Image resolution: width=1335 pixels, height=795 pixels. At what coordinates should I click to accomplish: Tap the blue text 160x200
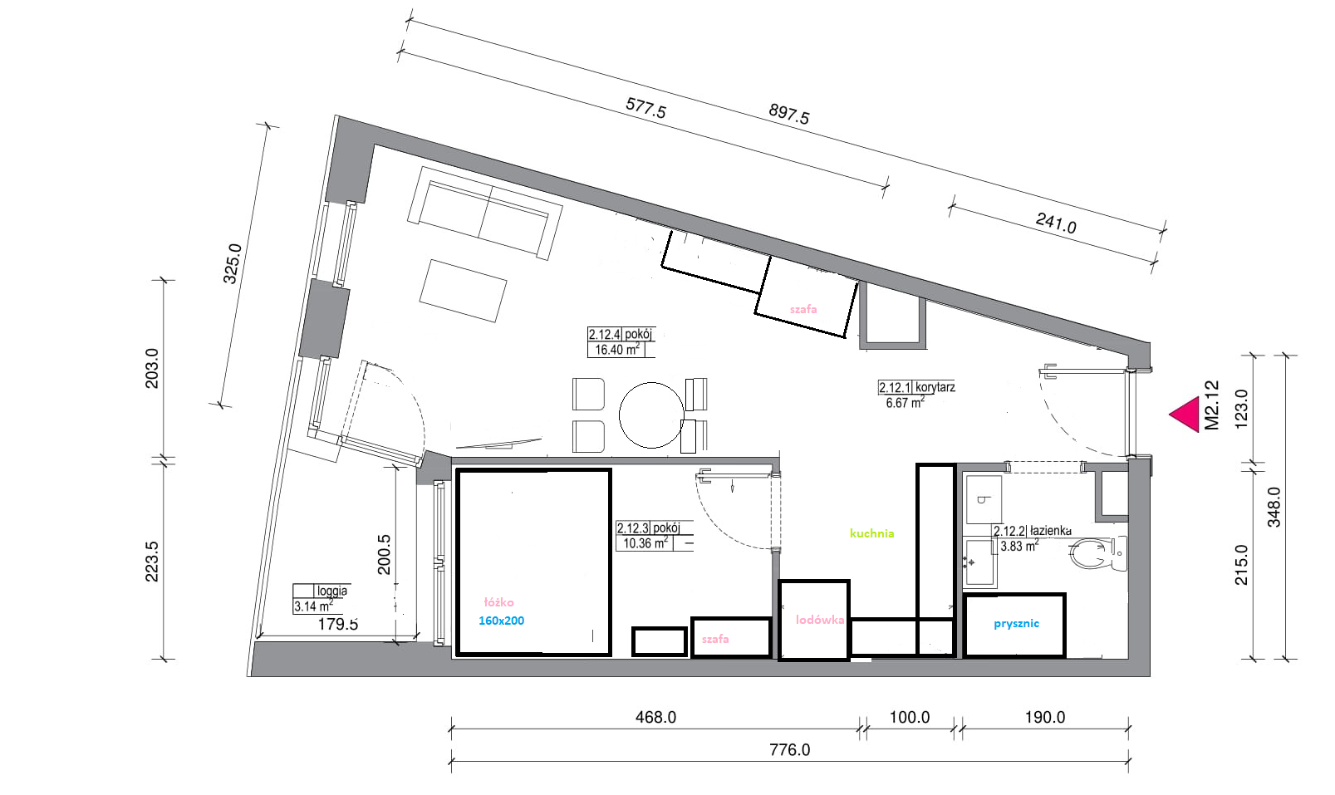[501, 621]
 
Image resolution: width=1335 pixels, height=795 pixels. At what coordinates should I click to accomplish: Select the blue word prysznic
[1016, 623]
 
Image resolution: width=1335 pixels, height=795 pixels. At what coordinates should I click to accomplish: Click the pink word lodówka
[819, 620]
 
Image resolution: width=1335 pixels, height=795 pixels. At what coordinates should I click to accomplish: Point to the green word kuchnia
[872, 533]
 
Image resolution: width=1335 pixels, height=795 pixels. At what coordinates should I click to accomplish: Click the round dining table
[651, 415]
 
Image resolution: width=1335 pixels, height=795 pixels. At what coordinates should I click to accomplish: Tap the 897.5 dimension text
[788, 114]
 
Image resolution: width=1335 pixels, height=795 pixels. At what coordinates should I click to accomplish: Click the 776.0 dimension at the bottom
[790, 749]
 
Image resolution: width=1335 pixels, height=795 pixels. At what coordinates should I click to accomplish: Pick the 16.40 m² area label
[617, 350]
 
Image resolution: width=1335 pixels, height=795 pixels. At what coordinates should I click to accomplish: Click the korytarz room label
[935, 387]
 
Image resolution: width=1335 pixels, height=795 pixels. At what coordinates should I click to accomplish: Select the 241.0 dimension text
[1056, 223]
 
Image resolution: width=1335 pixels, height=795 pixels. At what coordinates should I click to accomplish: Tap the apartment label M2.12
[1212, 405]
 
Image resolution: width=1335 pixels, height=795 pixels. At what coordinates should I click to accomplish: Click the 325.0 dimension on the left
[232, 263]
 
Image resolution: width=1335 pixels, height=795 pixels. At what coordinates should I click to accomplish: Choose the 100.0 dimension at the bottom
[910, 717]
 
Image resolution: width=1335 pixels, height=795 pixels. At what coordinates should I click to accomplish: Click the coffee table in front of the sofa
[463, 291]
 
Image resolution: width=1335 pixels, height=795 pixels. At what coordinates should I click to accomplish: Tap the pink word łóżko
[498, 602]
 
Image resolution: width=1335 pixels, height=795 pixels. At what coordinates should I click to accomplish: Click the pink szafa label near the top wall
[803, 309]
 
